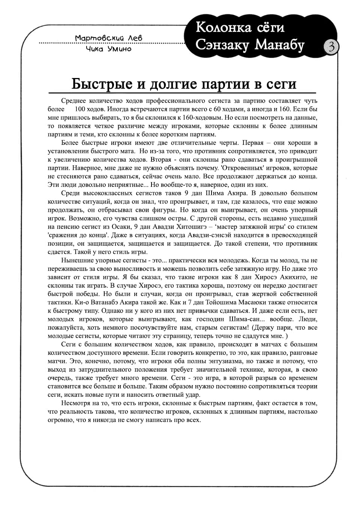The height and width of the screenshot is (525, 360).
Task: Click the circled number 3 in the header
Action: [331, 47]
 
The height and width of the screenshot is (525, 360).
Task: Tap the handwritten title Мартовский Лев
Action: [109, 38]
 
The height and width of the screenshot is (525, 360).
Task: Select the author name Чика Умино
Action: [109, 49]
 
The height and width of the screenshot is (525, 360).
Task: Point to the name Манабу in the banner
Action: [280, 45]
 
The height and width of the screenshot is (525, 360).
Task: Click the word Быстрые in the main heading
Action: [102, 84]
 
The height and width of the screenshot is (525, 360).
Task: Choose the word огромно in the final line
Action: [61, 420]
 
